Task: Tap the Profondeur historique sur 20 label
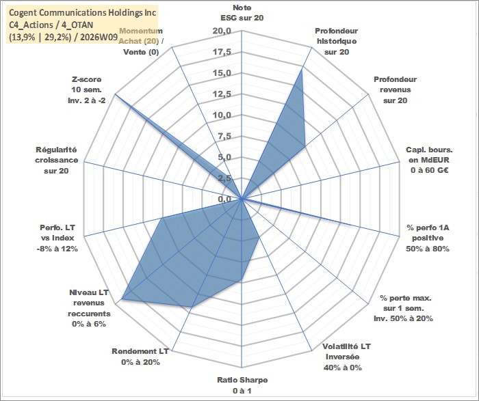click(x=336, y=41)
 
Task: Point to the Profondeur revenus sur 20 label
click(x=395, y=90)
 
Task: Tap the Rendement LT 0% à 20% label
click(x=140, y=357)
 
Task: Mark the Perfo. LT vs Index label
click(x=60, y=238)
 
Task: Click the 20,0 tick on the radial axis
click(x=222, y=31)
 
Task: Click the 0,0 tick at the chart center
click(x=224, y=199)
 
